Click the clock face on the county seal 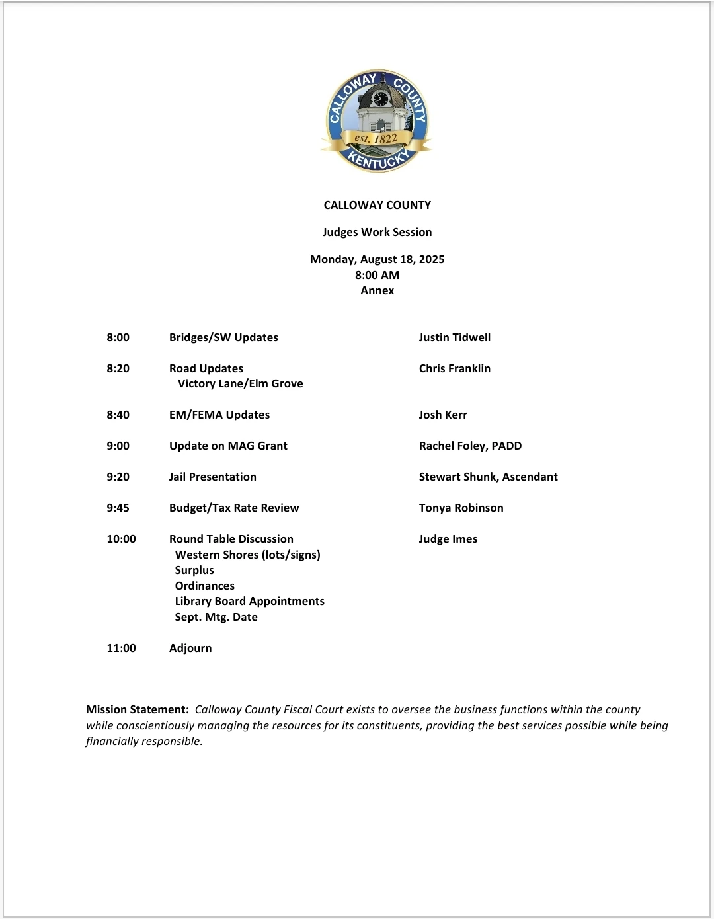click(x=380, y=99)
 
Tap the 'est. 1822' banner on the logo click(x=376, y=139)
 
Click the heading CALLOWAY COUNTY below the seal click(x=377, y=205)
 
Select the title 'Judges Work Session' click(x=377, y=232)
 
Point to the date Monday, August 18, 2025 click(x=377, y=259)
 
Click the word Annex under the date click(x=377, y=290)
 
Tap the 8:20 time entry click(x=118, y=368)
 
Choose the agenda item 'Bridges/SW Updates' click(x=223, y=337)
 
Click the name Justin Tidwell click(x=454, y=337)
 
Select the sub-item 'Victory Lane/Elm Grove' click(x=240, y=383)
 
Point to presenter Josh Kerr click(x=442, y=415)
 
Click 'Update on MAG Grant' click(x=228, y=446)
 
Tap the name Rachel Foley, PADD click(x=470, y=446)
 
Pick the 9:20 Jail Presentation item click(x=212, y=477)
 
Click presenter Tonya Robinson click(x=461, y=508)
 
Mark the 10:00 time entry click(x=121, y=539)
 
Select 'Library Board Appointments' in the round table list click(x=249, y=601)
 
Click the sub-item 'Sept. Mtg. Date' click(x=216, y=617)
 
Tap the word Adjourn click(x=190, y=648)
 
